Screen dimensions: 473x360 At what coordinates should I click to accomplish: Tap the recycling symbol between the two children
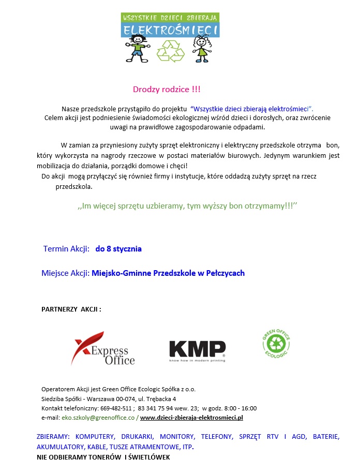coord(170,51)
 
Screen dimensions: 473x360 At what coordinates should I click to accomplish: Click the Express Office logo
coord(103,349)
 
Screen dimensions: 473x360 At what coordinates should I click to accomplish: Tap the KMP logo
coord(197,349)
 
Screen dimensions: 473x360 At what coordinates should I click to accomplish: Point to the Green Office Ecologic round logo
coord(276,343)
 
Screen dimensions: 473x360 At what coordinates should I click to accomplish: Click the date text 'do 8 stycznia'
coord(118,249)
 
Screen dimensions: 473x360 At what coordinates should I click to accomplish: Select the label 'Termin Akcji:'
coord(67,249)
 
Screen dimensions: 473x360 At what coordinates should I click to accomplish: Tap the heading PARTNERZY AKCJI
coord(71,309)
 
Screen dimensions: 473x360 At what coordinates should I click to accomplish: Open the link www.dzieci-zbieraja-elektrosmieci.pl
coord(191,417)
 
